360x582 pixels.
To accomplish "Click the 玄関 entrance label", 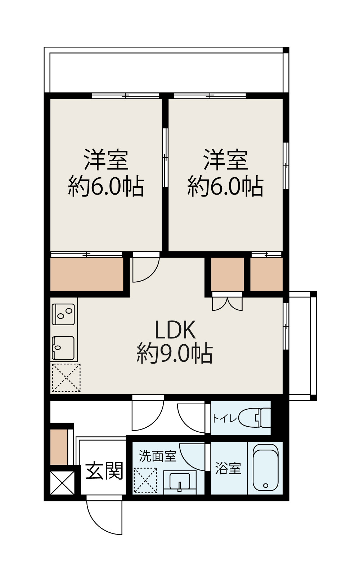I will click(x=104, y=471).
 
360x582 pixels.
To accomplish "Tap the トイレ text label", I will click(x=225, y=418).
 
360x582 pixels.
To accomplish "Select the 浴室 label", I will click(x=228, y=469).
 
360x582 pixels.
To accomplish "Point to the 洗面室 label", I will click(x=157, y=456).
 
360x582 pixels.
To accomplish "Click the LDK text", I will click(x=175, y=330).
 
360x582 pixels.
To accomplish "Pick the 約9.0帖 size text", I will click(x=175, y=354).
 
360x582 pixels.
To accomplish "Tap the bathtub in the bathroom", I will click(x=266, y=468).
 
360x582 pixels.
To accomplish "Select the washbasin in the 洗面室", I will click(x=180, y=482).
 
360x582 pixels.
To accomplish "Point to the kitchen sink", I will click(x=64, y=347).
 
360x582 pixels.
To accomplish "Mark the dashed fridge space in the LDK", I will click(x=66, y=378).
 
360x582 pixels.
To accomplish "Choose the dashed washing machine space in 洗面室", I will click(x=145, y=480).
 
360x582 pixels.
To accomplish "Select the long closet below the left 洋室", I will click(x=87, y=274).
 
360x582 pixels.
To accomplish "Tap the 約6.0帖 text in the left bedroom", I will click(x=106, y=186).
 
